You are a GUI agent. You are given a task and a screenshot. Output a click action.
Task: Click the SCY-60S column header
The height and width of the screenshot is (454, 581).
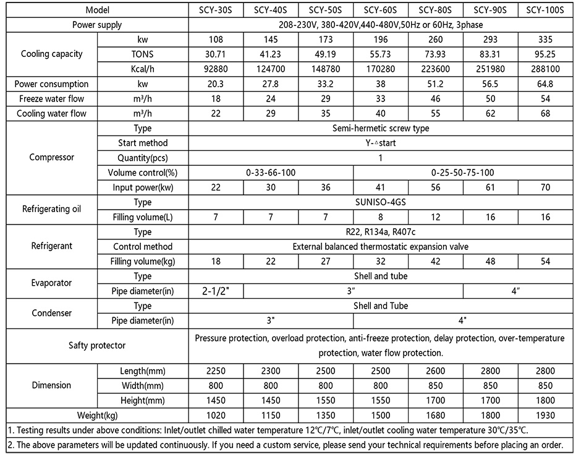click(x=380, y=10)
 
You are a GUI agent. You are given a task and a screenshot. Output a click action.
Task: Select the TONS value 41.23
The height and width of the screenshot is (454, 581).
click(x=271, y=54)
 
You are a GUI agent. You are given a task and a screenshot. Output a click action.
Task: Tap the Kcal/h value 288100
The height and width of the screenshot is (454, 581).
click(x=545, y=69)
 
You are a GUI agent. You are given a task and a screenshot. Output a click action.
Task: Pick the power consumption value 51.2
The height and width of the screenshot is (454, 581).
click(x=436, y=84)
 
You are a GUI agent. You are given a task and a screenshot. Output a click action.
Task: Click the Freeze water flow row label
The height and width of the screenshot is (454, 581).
click(x=51, y=99)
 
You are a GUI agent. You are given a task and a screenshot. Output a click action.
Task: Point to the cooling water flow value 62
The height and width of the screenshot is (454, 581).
click(x=490, y=114)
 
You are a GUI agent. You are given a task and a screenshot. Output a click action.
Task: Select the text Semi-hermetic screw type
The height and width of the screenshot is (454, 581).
click(x=380, y=129)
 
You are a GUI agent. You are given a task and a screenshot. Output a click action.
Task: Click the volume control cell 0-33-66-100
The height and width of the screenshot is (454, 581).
click(x=271, y=173)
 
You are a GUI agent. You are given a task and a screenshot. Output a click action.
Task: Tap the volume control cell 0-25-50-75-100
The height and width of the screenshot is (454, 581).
click(x=463, y=173)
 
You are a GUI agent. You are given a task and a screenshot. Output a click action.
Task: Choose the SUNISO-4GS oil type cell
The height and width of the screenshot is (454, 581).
click(x=380, y=202)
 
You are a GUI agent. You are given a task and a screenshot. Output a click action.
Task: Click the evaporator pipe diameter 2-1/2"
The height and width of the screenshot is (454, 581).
click(x=216, y=291)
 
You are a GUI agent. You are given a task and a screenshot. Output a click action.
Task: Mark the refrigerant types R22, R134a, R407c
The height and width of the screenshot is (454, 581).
click(x=380, y=232)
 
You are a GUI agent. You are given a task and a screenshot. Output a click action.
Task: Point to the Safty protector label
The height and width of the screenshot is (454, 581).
click(x=97, y=345)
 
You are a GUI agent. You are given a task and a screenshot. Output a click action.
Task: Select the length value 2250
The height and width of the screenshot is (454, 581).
click(x=216, y=370)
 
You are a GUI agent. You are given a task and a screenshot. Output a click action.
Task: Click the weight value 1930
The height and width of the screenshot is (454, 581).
click(x=545, y=415)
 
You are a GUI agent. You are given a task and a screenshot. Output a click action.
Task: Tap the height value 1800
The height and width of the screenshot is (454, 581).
click(x=545, y=400)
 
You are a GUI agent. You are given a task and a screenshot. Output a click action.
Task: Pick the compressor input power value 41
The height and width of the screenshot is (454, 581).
click(x=380, y=187)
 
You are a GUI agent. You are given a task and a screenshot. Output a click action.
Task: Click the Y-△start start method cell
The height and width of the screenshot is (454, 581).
click(x=380, y=143)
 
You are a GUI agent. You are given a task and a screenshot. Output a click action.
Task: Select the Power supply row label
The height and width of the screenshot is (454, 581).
click(x=97, y=25)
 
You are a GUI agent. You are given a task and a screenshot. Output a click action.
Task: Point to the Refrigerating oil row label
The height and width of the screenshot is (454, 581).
click(x=51, y=209)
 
